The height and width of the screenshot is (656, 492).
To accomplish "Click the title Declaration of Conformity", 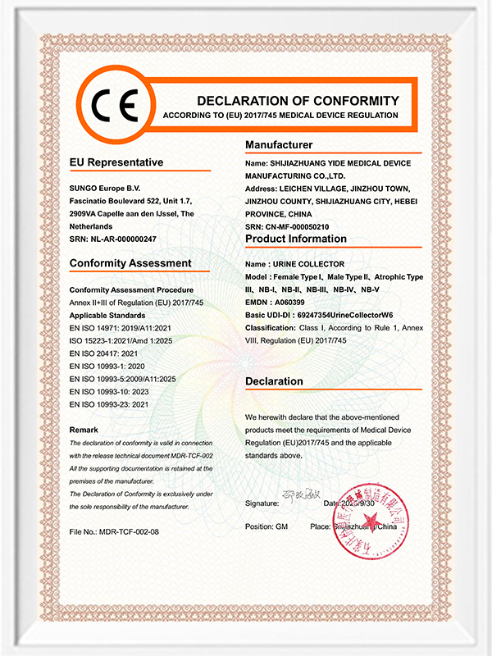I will point(298,101).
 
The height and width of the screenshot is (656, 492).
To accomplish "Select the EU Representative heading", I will point(116,162).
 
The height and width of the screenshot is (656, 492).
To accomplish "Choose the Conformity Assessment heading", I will point(130,263).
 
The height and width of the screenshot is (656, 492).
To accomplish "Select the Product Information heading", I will point(296,239).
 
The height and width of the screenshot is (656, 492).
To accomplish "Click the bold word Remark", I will point(84,430).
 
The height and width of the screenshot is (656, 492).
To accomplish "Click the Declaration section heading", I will point(275,381).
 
